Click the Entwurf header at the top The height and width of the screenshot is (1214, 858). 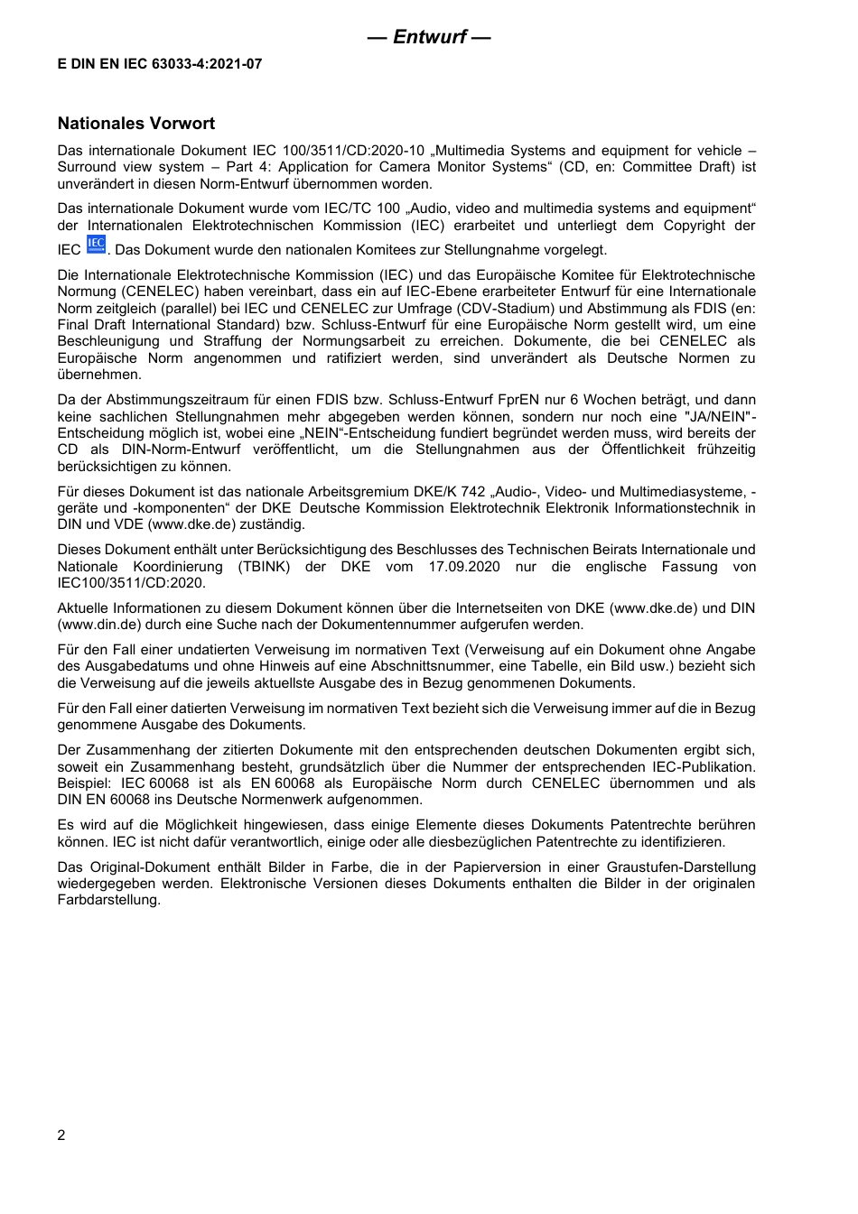(429, 37)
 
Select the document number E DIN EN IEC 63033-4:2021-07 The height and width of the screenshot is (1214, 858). (160, 64)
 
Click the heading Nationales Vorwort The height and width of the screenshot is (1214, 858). (136, 124)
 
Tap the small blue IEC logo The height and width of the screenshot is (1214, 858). (96, 245)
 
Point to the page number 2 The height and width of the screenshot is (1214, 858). (61, 1135)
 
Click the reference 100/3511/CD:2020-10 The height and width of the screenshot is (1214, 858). (359, 151)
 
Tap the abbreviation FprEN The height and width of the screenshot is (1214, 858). (542, 400)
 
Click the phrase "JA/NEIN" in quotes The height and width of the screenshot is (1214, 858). (712, 416)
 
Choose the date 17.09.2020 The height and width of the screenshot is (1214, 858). (464, 567)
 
